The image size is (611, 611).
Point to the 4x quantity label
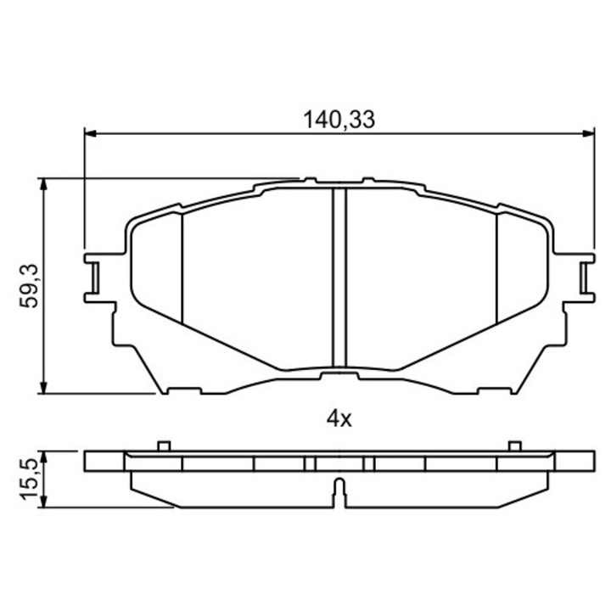pos(339,417)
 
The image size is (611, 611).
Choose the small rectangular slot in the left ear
pos(94,277)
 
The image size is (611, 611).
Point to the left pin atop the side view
pos(164,446)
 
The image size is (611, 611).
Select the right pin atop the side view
pos(513,446)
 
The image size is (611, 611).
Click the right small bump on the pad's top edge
pos(367,180)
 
